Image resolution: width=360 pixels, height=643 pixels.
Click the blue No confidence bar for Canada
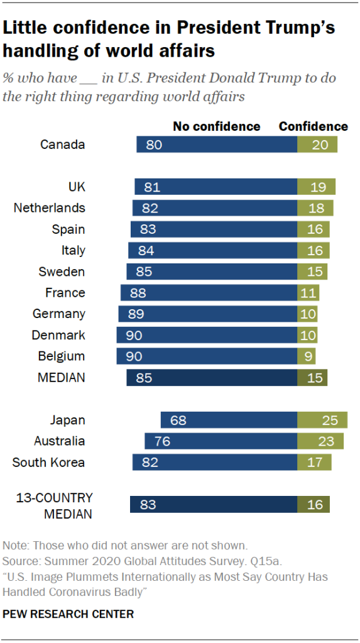(217, 145)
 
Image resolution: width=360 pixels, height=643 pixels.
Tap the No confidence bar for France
(209, 292)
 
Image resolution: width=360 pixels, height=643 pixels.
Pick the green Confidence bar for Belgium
(307, 356)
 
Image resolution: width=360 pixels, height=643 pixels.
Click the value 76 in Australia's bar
(163, 441)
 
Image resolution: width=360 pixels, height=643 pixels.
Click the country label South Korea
(48, 463)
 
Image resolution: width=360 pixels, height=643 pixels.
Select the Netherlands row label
(49, 208)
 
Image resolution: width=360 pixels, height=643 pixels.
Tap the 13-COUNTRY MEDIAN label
(53, 505)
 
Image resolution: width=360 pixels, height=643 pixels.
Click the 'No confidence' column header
(216, 126)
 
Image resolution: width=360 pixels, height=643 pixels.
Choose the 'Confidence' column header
(313, 126)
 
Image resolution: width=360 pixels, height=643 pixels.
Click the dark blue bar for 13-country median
(214, 505)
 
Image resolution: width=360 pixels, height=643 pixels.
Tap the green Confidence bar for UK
(316, 187)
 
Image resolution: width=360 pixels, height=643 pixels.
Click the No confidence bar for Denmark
(207, 335)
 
